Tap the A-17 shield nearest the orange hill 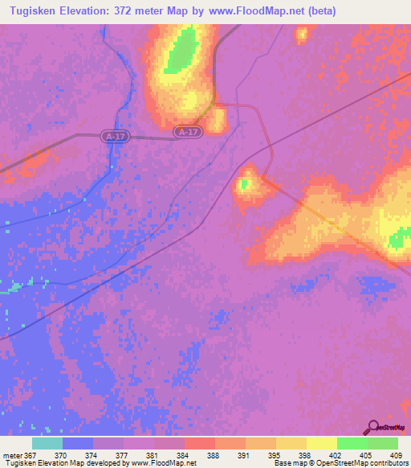click(x=186, y=131)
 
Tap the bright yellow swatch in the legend click(x=321, y=443)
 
